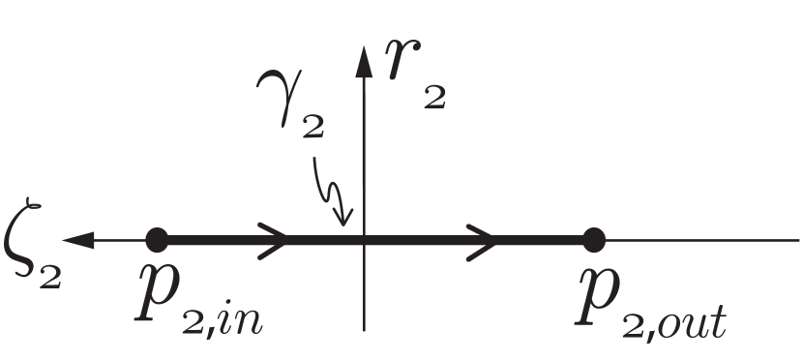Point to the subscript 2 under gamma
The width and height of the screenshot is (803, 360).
pos(312,128)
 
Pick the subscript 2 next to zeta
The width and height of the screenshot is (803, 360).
pos(50,274)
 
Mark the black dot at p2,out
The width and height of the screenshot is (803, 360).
pos(594,239)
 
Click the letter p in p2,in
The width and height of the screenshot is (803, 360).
pos(157,290)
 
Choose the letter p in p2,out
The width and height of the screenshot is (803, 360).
pos(594,292)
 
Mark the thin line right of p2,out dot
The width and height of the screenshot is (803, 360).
pos(697,239)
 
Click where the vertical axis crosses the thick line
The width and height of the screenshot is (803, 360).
pos(364,239)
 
